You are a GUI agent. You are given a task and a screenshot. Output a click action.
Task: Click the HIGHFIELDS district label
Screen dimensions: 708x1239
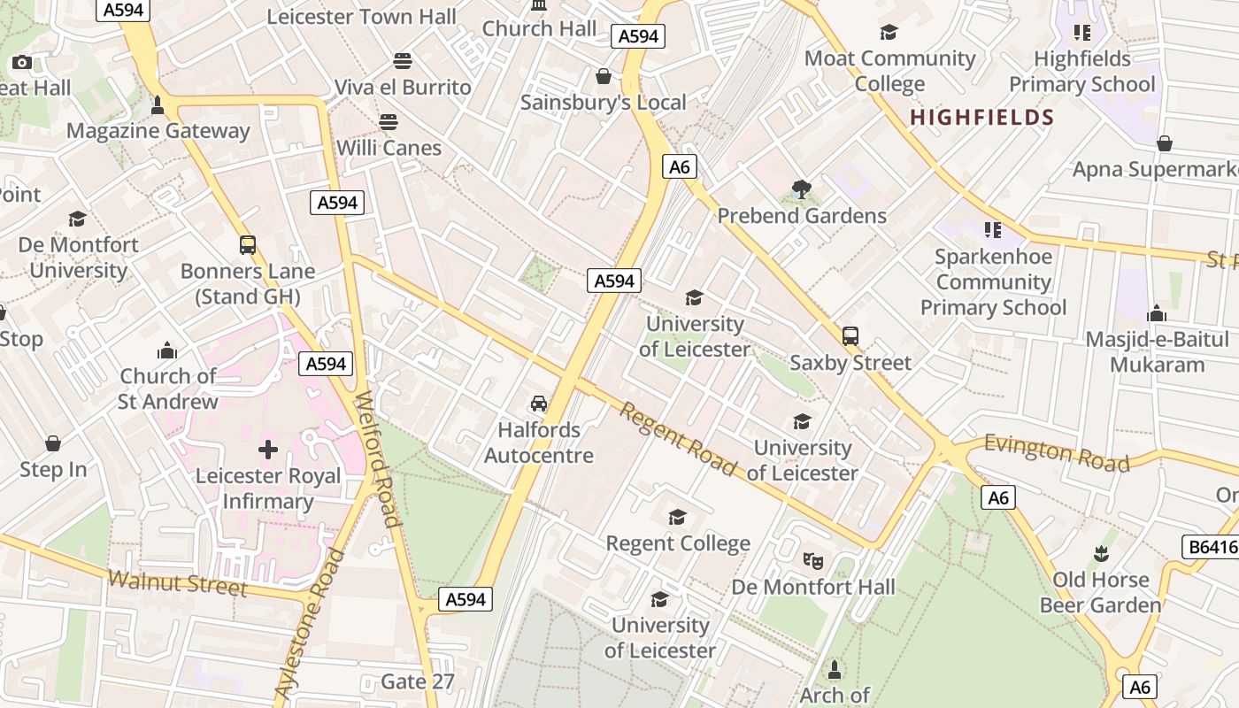coord(981,117)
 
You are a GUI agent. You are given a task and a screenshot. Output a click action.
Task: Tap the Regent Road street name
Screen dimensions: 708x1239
coord(677,439)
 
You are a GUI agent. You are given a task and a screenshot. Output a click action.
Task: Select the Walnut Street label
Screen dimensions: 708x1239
coord(177,583)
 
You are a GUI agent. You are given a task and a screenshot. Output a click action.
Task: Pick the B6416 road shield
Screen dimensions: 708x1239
coord(1209,547)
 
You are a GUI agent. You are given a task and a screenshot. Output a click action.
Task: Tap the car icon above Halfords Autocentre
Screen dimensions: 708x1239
coord(538,404)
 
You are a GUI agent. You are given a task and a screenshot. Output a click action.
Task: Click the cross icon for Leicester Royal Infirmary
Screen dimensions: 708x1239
coord(268,450)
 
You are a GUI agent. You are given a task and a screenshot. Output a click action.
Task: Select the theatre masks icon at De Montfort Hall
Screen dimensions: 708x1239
coord(812,560)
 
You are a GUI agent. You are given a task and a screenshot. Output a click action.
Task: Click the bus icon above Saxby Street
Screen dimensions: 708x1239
coord(850,336)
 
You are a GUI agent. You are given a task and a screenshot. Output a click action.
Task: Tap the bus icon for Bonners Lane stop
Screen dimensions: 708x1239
coord(248,245)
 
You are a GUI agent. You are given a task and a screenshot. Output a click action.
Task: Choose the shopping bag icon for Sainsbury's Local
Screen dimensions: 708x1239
coord(604,77)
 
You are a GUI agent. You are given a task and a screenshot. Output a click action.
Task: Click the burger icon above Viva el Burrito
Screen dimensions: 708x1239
coord(403,61)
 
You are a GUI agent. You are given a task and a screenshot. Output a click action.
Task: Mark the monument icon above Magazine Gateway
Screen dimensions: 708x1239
coord(158,105)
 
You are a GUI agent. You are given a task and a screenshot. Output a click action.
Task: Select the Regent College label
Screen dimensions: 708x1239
coord(678,543)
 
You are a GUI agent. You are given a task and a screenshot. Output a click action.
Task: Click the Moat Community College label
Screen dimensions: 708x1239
coord(889,71)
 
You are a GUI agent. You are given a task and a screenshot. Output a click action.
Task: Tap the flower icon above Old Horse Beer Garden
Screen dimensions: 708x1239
coord(1101,554)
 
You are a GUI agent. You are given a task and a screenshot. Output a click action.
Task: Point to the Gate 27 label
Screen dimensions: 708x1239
coord(417,681)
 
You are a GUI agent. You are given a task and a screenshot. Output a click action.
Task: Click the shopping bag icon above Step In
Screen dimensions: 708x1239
coord(53,443)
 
